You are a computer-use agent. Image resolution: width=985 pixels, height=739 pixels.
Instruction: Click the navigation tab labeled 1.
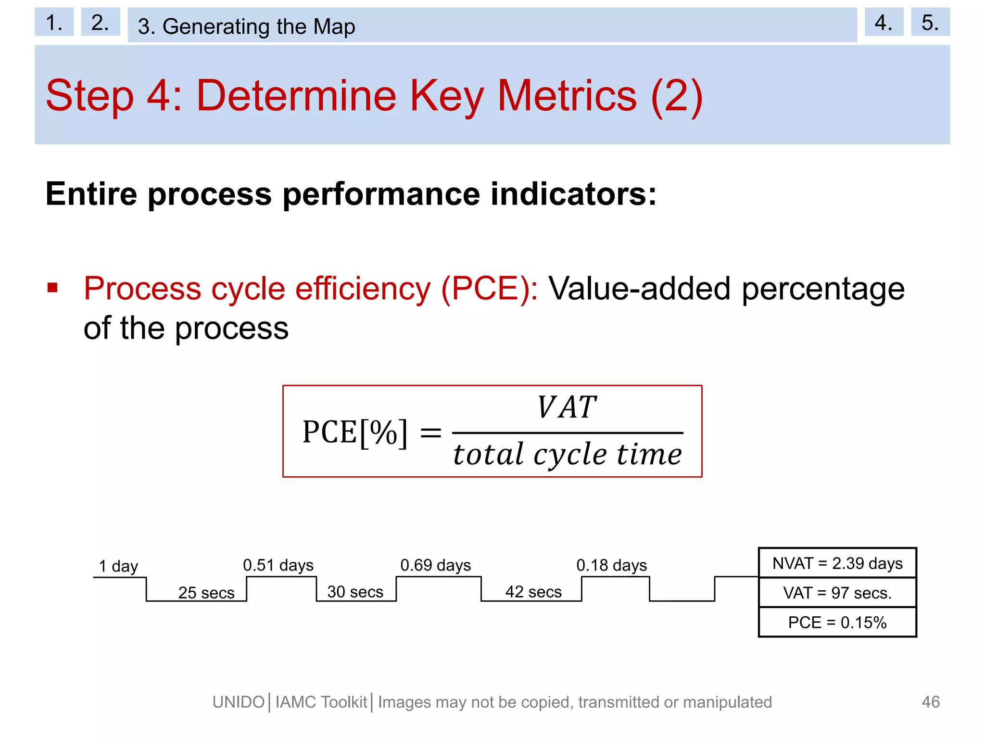[54, 22]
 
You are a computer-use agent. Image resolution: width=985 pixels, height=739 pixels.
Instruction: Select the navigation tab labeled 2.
[100, 22]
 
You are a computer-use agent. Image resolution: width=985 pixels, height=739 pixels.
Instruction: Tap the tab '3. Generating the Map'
[492, 25]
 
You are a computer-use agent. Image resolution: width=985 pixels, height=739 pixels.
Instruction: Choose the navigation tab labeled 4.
[884, 22]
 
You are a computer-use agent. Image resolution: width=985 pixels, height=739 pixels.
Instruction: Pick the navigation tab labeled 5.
[930, 22]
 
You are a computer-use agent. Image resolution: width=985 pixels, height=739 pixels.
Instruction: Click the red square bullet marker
[53, 288]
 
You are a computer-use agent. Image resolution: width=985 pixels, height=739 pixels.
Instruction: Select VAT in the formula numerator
[567, 408]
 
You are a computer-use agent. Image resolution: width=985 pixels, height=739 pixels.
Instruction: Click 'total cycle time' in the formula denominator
[568, 454]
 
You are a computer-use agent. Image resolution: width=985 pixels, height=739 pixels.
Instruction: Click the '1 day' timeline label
[118, 566]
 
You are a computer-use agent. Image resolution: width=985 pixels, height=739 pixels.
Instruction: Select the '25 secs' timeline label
[206, 592]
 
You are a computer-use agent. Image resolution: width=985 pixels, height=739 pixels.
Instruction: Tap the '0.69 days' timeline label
[435, 565]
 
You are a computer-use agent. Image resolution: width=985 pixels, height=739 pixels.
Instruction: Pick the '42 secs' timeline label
[533, 591]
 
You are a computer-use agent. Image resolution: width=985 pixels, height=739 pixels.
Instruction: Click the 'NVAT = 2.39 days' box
[837, 563]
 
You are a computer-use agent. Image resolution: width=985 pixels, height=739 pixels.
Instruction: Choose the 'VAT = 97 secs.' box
[837, 593]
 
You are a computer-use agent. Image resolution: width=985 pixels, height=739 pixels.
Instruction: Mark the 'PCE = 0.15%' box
[837, 623]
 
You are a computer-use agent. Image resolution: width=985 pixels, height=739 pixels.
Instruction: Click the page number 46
[930, 702]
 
